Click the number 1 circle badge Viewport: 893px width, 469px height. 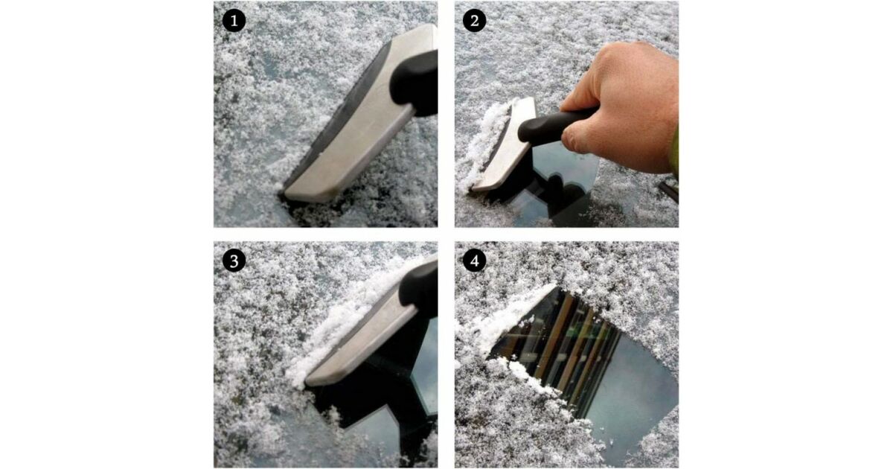click(234, 21)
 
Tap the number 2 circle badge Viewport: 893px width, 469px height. click(475, 21)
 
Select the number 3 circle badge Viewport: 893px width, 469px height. click(234, 261)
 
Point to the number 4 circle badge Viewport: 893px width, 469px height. click(475, 261)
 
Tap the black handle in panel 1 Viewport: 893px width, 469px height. click(415, 83)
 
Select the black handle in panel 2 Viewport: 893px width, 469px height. click(554, 126)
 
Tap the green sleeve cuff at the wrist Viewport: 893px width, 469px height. click(674, 152)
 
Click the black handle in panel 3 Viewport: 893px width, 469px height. click(418, 289)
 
